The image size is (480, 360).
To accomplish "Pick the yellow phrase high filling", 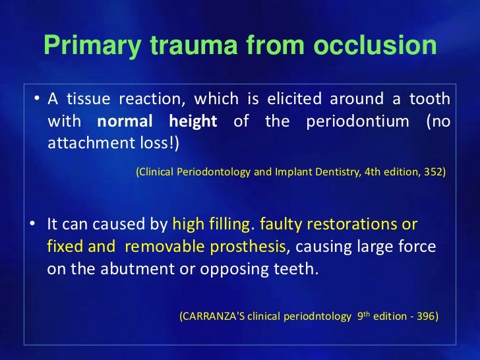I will [x=211, y=224].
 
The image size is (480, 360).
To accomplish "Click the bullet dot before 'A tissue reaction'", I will [x=37, y=100].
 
